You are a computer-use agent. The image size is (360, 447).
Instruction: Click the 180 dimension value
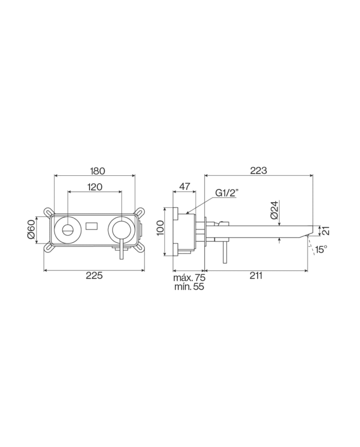[98, 171]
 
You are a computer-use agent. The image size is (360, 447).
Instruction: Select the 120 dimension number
[95, 187]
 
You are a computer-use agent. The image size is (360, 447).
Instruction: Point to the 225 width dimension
[94, 275]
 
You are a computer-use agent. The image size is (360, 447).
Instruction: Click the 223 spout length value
[259, 170]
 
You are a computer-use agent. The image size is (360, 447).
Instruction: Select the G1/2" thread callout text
[227, 193]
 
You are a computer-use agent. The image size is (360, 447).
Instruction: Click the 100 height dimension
[160, 228]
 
